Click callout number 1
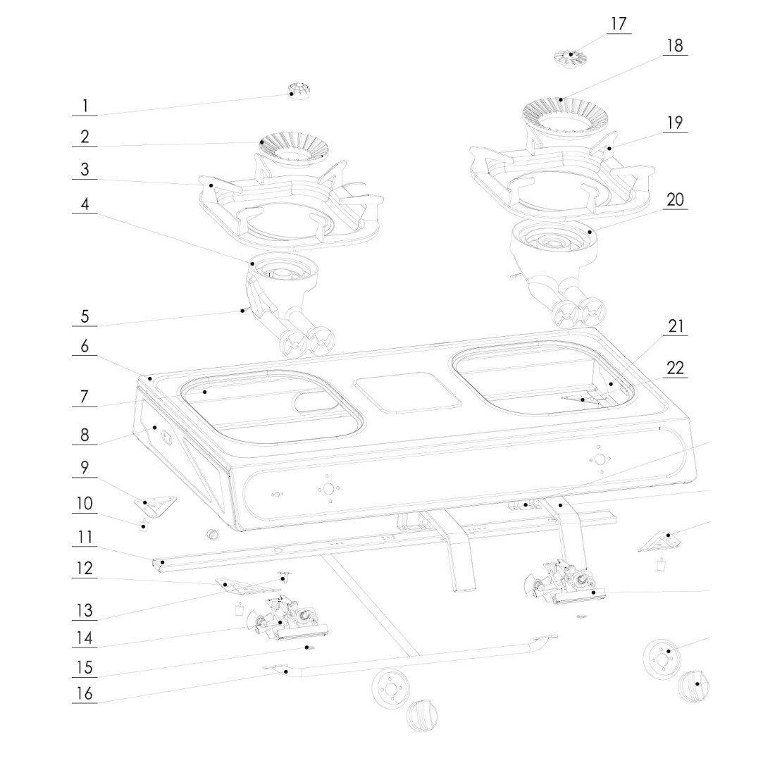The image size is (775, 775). [x=85, y=106]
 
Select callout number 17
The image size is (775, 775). [x=618, y=24]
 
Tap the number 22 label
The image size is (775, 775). [x=675, y=368]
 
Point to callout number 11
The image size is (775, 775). [x=85, y=538]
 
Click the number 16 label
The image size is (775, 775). [x=85, y=694]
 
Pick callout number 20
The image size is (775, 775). [x=675, y=199]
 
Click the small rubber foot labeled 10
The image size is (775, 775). [x=144, y=526]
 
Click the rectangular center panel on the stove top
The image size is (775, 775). [x=407, y=392]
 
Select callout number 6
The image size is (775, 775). [x=85, y=346]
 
